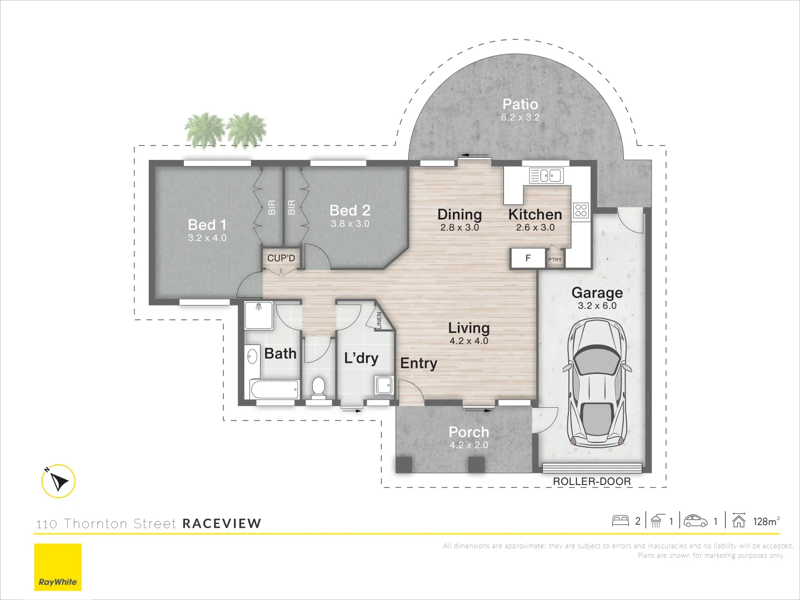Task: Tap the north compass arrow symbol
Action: tap(58, 481)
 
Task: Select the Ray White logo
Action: tap(58, 567)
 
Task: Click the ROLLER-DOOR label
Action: tap(592, 482)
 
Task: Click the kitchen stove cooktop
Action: tap(581, 211)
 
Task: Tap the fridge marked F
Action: tap(528, 258)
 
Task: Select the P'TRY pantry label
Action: tap(555, 259)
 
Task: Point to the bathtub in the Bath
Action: tap(274, 389)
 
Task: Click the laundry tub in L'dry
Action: tap(383, 385)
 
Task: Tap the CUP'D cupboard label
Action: tap(281, 258)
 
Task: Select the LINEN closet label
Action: tap(379, 320)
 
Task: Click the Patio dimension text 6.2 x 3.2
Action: tap(520, 117)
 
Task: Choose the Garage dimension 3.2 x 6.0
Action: tap(597, 306)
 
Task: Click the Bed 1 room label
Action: tap(207, 224)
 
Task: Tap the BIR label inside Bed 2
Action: tap(292, 208)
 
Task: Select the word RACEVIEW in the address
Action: tap(222, 523)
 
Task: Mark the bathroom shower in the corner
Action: tap(259, 316)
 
